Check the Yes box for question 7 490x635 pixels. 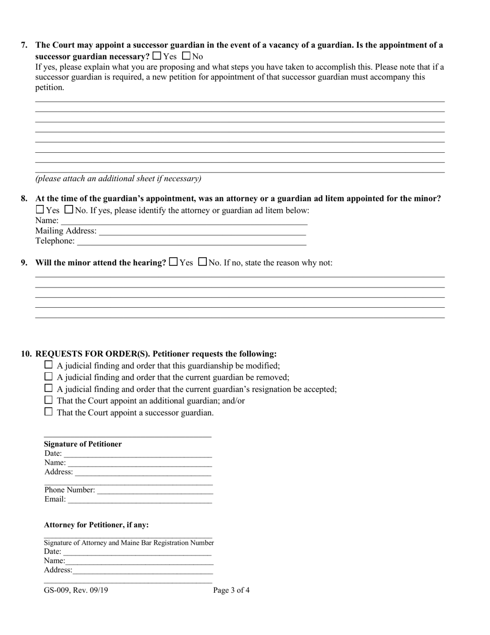(x=157, y=56)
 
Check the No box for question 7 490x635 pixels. (x=186, y=56)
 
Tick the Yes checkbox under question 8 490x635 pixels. (x=40, y=210)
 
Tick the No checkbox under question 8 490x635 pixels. (x=69, y=210)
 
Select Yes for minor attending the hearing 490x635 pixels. (x=173, y=262)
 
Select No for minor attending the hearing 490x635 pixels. (x=203, y=262)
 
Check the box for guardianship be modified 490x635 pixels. (x=48, y=365)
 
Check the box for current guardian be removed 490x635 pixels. (x=48, y=377)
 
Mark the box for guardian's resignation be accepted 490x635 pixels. (x=48, y=388)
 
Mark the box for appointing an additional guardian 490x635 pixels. (x=48, y=400)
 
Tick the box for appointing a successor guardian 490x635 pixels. (x=48, y=412)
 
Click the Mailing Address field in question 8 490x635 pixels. (x=202, y=231)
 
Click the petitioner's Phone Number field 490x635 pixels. (x=155, y=489)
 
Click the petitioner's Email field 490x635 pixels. (x=139, y=499)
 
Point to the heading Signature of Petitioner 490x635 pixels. (x=83, y=444)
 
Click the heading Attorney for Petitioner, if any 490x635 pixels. (x=96, y=525)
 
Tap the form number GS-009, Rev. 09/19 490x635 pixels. (x=76, y=590)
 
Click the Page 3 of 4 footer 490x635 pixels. (x=232, y=590)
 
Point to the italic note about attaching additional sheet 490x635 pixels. (x=118, y=179)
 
